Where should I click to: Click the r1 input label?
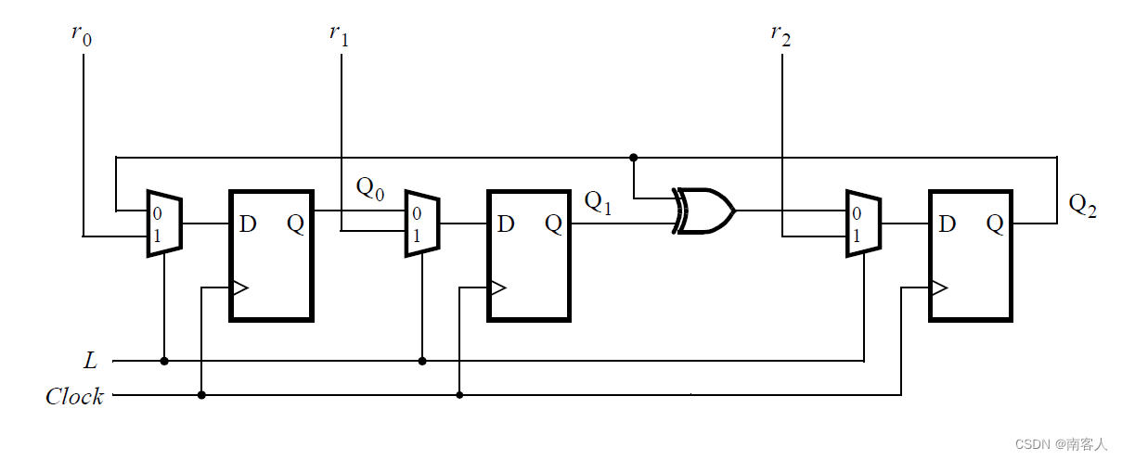coord(339,36)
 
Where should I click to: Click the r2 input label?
coord(780,36)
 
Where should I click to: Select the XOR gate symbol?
coord(705,211)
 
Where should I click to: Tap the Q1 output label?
coord(598,203)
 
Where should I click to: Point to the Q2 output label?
coord(1082,206)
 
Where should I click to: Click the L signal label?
coord(88,361)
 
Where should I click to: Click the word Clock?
coord(74,397)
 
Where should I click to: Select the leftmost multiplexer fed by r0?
coord(164,224)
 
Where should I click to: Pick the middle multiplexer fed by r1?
coord(422,224)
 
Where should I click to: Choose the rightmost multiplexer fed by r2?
coord(863,224)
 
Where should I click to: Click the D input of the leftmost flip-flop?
coord(248,224)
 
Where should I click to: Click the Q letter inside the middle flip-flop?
coord(553,224)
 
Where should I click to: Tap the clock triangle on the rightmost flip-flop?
coord(938,287)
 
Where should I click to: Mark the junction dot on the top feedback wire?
coord(634,157)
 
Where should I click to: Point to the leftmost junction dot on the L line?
coord(164,361)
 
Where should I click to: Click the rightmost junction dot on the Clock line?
coord(459,395)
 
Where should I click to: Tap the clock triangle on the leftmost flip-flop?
coord(239,287)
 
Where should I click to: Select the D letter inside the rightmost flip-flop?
coord(948,224)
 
